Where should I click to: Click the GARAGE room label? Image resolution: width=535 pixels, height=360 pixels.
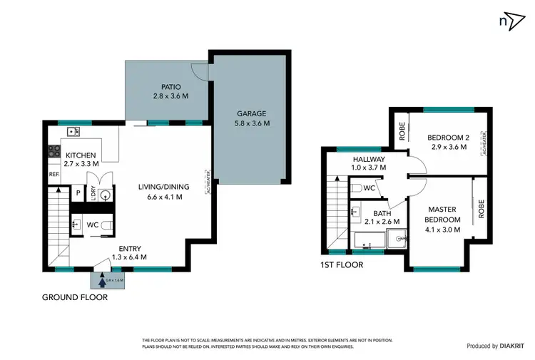[x=250, y=113]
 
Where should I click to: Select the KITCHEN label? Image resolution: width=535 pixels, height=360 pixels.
[x=81, y=155]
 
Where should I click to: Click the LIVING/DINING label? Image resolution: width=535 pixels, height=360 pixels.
[x=165, y=188]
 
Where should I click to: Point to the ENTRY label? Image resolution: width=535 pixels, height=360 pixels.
[x=130, y=249]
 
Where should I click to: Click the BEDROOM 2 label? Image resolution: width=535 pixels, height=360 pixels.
[x=447, y=138]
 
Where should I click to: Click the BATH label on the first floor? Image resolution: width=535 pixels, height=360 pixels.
[x=382, y=212]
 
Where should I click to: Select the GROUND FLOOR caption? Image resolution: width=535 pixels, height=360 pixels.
[x=75, y=297]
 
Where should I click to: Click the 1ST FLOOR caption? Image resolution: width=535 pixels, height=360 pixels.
[x=341, y=264]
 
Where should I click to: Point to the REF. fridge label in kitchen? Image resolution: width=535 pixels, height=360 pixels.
[x=53, y=174]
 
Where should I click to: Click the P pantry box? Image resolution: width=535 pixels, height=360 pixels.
[x=78, y=192]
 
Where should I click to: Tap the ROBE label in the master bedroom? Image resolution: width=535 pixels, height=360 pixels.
[x=481, y=207]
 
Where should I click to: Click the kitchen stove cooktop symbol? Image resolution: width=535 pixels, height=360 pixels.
[x=54, y=150]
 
